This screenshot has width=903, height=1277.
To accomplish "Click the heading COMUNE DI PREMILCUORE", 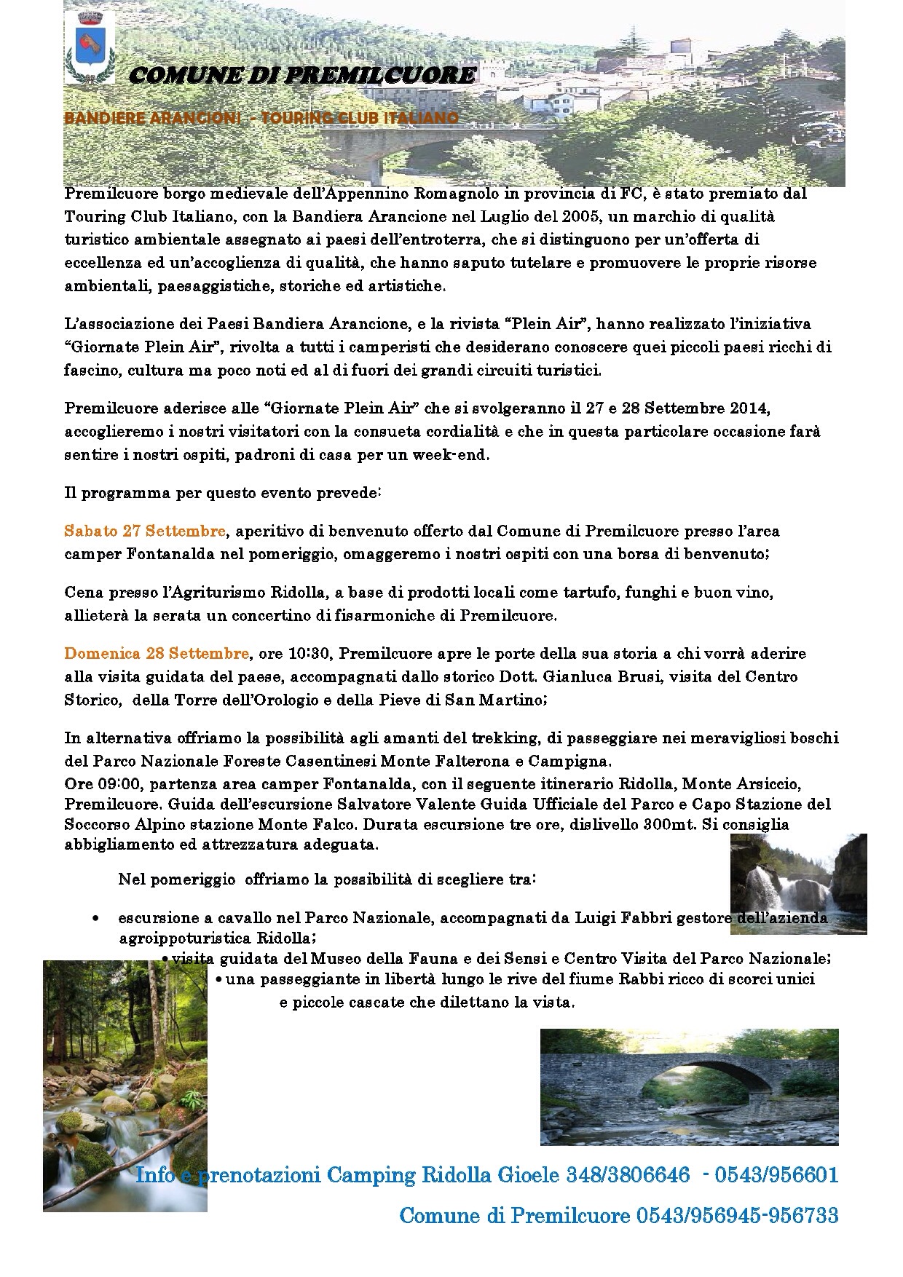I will click(x=303, y=75).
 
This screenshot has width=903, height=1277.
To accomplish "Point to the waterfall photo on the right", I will click(x=798, y=883).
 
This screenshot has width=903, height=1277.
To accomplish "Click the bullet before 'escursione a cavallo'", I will click(x=96, y=919).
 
